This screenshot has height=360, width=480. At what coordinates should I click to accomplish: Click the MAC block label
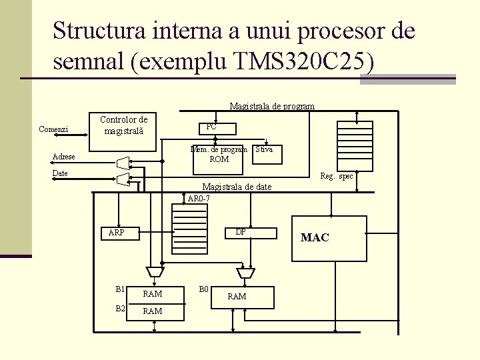point(315,237)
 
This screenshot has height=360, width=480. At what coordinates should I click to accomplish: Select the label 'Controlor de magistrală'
point(123,125)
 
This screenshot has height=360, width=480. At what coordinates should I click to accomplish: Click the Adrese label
point(63,157)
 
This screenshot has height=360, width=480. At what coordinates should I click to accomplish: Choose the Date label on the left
point(60,173)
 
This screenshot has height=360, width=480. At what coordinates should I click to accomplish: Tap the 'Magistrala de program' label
point(272,106)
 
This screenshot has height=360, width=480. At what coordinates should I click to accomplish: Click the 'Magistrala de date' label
point(237,187)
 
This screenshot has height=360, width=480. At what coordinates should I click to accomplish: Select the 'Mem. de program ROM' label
point(219,154)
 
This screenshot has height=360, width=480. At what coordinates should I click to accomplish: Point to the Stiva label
point(264,149)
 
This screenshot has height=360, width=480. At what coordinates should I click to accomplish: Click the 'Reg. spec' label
point(337,176)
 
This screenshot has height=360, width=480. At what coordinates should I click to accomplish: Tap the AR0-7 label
point(199,199)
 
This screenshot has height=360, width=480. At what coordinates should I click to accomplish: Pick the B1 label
point(120,289)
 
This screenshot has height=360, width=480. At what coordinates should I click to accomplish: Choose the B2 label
point(120,308)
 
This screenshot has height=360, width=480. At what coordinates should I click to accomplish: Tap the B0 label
point(205,289)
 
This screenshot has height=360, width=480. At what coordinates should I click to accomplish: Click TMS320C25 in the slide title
point(305,61)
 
